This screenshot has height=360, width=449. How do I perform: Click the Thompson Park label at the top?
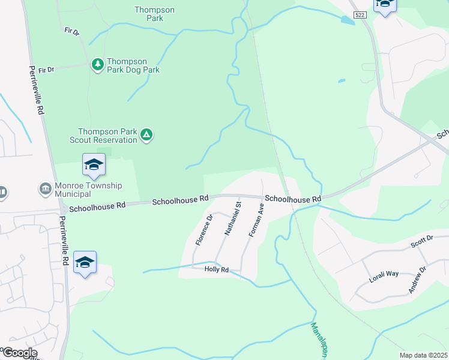tap(154, 14)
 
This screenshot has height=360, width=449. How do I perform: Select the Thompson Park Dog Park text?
tap(133, 65)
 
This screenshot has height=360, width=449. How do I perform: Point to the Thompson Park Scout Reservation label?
tap(107, 136)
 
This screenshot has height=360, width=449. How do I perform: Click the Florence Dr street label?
tap(205, 230)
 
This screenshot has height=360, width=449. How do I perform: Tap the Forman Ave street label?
tap(255, 220)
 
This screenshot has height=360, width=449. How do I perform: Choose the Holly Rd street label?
tap(217, 270)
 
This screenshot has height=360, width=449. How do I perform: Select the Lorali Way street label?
tap(384, 274)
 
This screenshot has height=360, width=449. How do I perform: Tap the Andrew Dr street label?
tap(417, 280)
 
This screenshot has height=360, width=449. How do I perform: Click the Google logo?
tap(19, 353)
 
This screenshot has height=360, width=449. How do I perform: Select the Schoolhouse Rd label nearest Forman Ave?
tap(293, 199)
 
